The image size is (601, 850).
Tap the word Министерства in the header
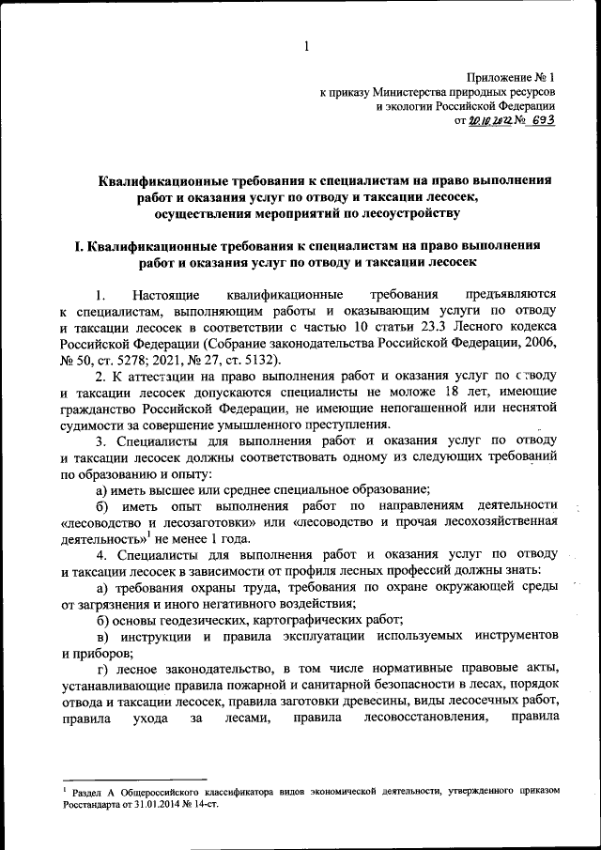coord(412,94)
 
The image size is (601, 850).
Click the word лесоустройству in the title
coord(416,213)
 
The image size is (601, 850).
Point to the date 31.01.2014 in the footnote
coord(167,805)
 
